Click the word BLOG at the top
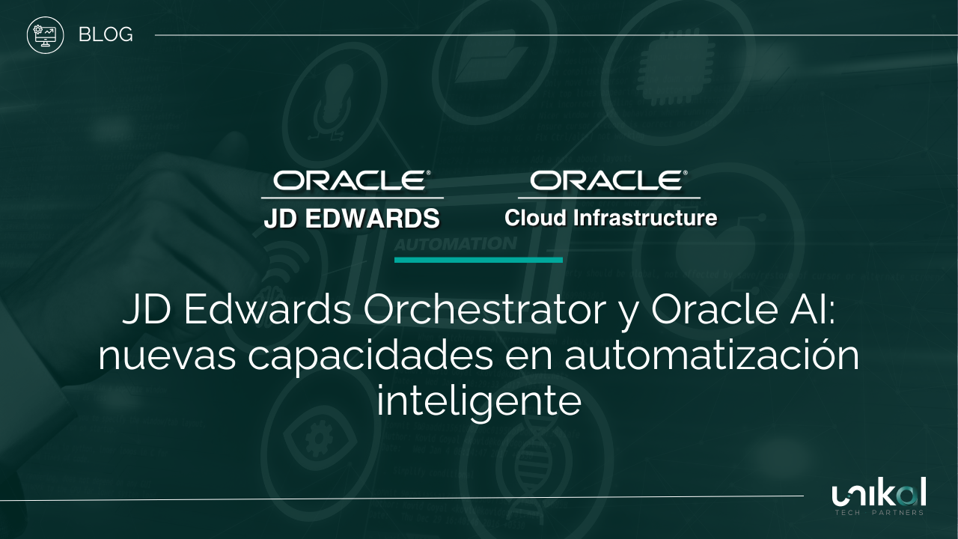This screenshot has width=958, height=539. (x=106, y=34)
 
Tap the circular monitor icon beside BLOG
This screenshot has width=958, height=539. (x=45, y=35)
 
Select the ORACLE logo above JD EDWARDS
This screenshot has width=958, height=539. (x=352, y=180)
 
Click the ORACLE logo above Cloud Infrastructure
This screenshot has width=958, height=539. (x=609, y=180)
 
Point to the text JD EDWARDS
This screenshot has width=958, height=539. (x=352, y=219)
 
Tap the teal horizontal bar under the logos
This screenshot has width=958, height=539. (x=478, y=260)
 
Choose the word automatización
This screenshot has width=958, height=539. (x=712, y=356)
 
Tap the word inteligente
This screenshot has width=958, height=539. (x=479, y=402)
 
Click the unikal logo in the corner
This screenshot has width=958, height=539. (x=879, y=493)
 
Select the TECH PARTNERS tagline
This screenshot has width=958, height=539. (x=879, y=513)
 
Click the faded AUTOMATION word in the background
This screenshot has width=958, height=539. (x=455, y=244)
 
